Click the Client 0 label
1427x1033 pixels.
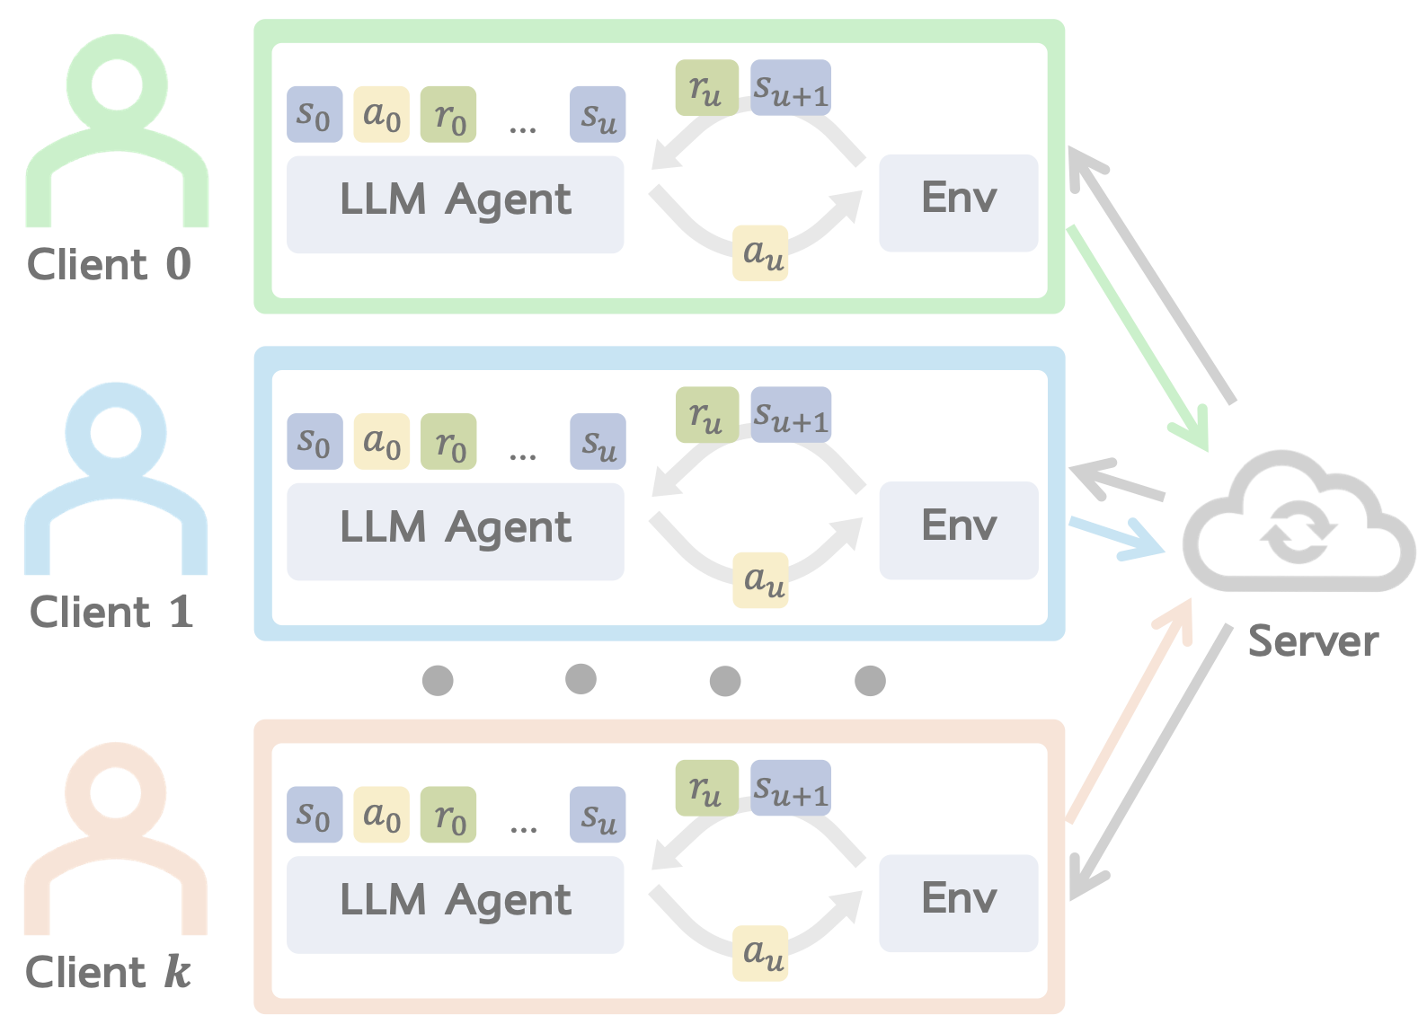click(109, 265)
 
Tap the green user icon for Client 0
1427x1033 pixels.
click(117, 135)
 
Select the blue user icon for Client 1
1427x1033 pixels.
click(116, 481)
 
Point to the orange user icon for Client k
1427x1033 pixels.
click(116, 840)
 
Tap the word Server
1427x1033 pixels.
click(1313, 641)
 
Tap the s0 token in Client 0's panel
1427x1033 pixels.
click(315, 114)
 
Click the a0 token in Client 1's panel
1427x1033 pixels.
click(382, 441)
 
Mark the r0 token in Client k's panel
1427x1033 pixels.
click(448, 815)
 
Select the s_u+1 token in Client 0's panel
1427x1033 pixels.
click(791, 87)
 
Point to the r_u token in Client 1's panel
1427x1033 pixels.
click(707, 414)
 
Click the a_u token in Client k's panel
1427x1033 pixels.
click(761, 953)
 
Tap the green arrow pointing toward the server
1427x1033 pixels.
click(1137, 337)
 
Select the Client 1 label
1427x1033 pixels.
click(111, 613)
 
